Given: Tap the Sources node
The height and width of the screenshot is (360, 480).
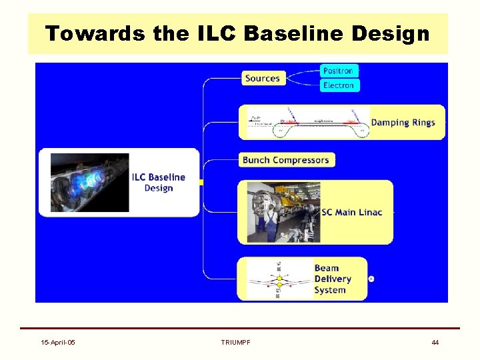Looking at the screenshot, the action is point(263,78).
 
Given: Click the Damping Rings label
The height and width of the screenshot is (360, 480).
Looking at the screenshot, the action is point(403,122).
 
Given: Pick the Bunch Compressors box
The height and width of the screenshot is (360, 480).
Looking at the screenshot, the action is point(286,160).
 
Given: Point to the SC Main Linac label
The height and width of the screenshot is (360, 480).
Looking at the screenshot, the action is point(352,212).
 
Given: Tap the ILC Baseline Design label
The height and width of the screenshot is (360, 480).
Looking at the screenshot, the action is point(159,182).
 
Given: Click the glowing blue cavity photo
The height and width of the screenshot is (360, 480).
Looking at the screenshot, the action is point(89,182).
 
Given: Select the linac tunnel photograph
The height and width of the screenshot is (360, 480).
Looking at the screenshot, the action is point(283,212).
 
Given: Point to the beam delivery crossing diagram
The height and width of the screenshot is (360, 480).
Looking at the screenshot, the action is point(279,279).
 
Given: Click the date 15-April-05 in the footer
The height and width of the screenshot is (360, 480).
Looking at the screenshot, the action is point(58,342).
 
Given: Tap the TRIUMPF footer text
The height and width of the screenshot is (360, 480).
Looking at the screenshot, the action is point(235,342).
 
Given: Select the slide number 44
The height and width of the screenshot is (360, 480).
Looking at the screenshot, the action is point(435,342).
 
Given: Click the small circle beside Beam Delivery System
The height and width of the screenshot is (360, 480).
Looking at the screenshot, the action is point(371,279).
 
